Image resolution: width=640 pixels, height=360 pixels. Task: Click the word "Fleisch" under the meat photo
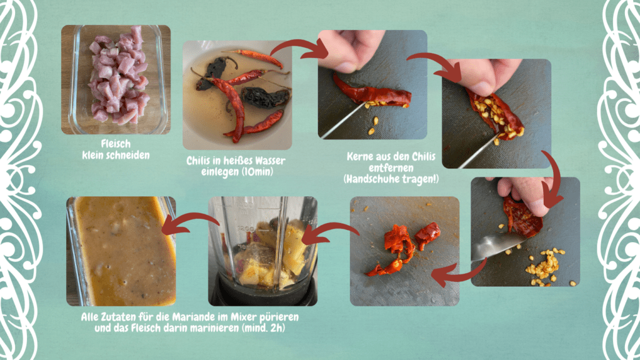(116, 144)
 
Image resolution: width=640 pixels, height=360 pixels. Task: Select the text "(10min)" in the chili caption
(257, 171)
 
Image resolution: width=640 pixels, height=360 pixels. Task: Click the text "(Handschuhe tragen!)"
(391, 179)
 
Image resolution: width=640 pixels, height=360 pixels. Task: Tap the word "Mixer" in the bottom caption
(244, 317)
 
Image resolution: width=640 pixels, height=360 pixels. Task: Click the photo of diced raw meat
(116, 79)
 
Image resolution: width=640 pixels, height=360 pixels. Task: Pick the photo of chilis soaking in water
(237, 95)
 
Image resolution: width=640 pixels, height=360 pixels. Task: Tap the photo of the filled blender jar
(263, 251)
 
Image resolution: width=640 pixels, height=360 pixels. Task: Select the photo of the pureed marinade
(121, 251)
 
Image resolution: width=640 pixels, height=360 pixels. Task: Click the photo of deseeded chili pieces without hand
(404, 251)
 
